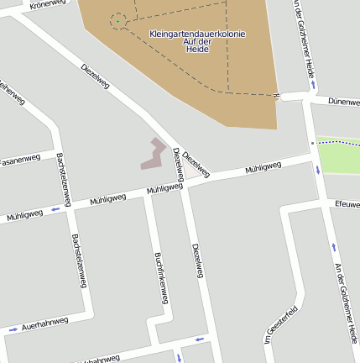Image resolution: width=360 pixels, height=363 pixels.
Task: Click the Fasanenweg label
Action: point(19,159)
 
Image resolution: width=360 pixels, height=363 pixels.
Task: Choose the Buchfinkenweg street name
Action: point(162,277)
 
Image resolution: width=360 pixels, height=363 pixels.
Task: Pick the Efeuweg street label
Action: point(347,204)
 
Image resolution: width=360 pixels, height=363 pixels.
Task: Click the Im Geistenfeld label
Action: point(281,324)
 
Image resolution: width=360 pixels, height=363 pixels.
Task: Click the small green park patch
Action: point(339,154)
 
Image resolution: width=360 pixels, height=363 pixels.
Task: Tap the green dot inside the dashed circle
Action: point(117,21)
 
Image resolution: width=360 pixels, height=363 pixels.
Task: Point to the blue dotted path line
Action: point(336,143)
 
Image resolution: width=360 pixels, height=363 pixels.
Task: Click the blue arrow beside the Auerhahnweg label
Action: point(13,329)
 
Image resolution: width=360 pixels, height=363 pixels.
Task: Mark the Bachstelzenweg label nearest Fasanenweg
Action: point(61,177)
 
